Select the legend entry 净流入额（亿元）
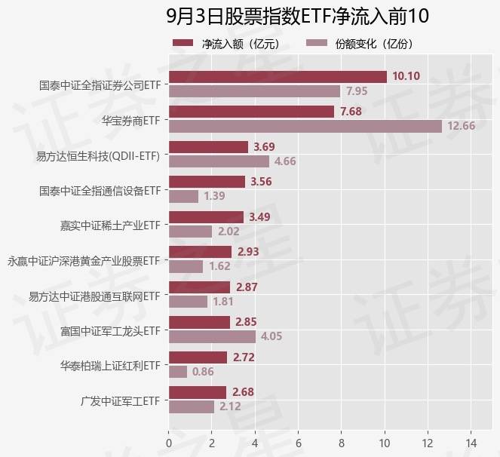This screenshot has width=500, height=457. (226, 44)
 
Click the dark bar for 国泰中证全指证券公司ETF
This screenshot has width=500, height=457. (278, 77)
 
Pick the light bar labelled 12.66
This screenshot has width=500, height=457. (305, 126)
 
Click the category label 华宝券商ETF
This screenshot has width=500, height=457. (131, 119)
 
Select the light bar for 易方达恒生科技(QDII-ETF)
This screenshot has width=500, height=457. (219, 161)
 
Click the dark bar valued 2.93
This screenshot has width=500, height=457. (200, 252)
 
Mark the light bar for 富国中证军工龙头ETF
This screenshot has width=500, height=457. (212, 336)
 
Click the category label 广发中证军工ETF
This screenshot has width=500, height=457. (121, 400)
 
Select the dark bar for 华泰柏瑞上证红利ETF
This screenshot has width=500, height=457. (198, 357)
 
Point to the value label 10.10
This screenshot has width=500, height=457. (406, 76)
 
